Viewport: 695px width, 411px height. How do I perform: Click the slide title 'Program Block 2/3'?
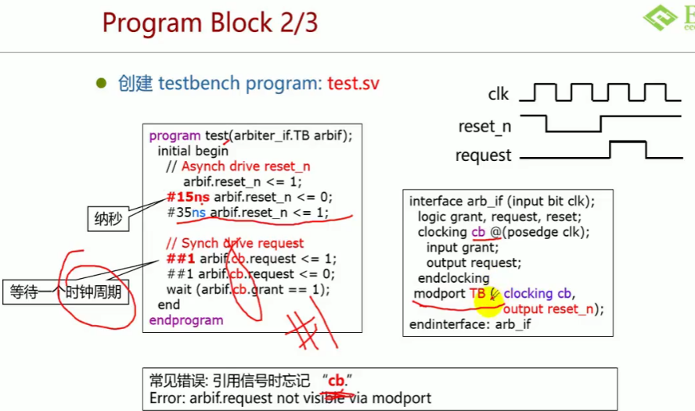(210, 23)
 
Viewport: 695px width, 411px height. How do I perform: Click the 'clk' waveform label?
(499, 95)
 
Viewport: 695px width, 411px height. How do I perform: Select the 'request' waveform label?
(483, 155)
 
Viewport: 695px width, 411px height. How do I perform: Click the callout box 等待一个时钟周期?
(66, 293)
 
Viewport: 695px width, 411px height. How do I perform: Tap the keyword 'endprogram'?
(186, 320)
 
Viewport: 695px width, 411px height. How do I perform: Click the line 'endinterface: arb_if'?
(470, 323)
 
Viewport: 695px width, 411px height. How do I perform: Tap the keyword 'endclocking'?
(453, 278)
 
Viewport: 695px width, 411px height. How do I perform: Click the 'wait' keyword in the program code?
(179, 289)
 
